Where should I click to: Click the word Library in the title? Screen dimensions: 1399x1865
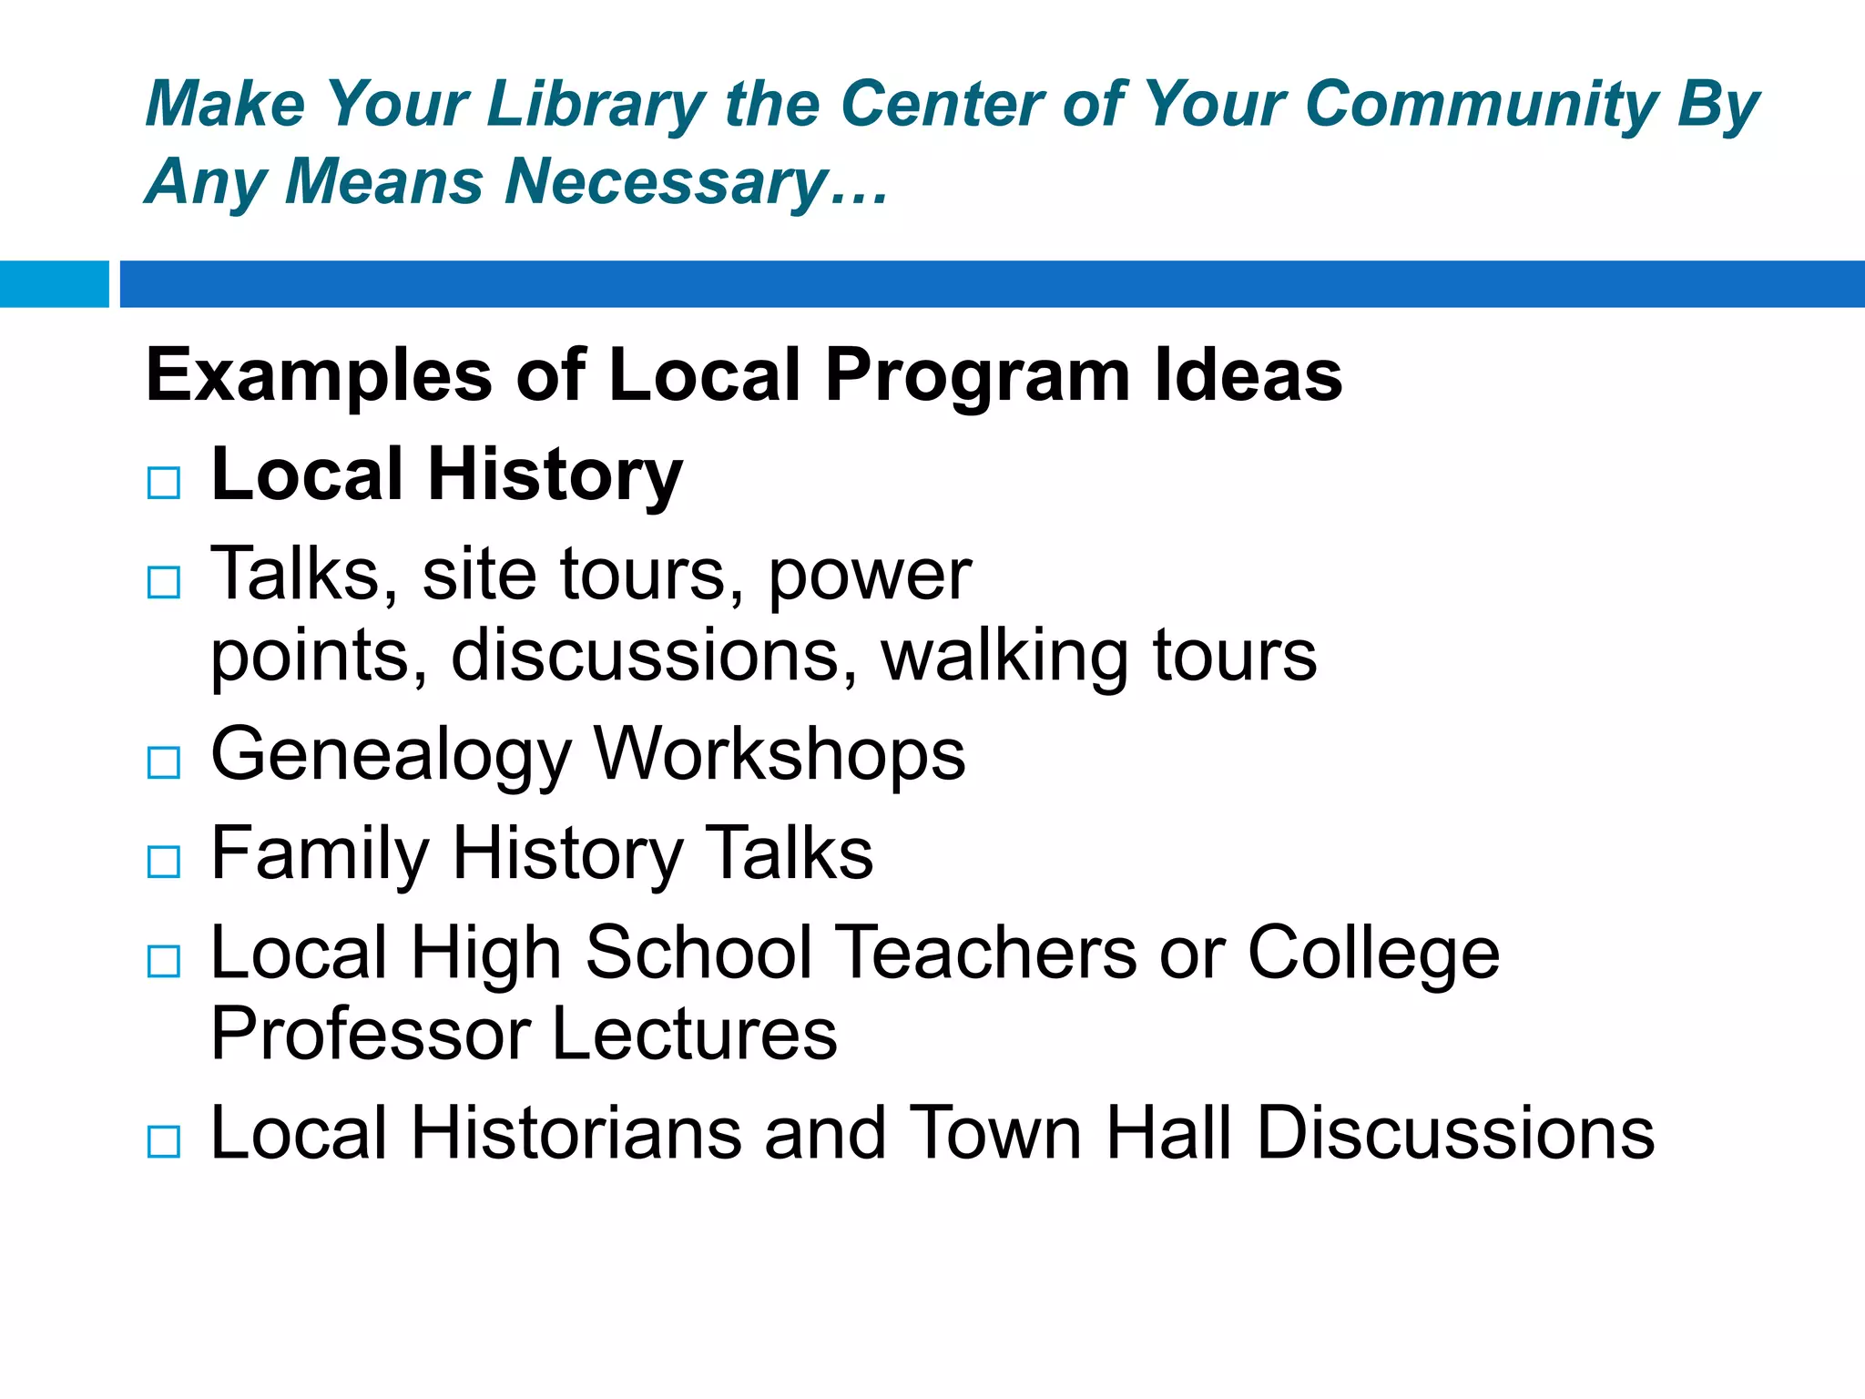click(596, 104)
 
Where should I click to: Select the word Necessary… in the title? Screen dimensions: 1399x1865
click(698, 181)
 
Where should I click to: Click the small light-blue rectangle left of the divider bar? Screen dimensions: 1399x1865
click(54, 284)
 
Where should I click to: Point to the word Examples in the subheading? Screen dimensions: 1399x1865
click(319, 375)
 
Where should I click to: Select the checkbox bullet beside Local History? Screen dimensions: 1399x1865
click(164, 483)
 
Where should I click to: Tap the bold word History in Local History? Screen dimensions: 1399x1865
click(555, 475)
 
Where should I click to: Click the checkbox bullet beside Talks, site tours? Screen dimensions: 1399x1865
click(164, 582)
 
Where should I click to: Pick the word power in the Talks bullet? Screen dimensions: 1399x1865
click(870, 575)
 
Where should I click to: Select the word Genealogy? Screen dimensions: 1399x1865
click(391, 755)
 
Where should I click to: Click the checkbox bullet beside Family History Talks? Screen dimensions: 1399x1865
click(164, 862)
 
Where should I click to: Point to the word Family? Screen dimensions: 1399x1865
click(319, 854)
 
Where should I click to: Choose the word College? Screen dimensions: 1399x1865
click(1372, 953)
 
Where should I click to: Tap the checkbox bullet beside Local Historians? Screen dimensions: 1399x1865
click(164, 1141)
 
